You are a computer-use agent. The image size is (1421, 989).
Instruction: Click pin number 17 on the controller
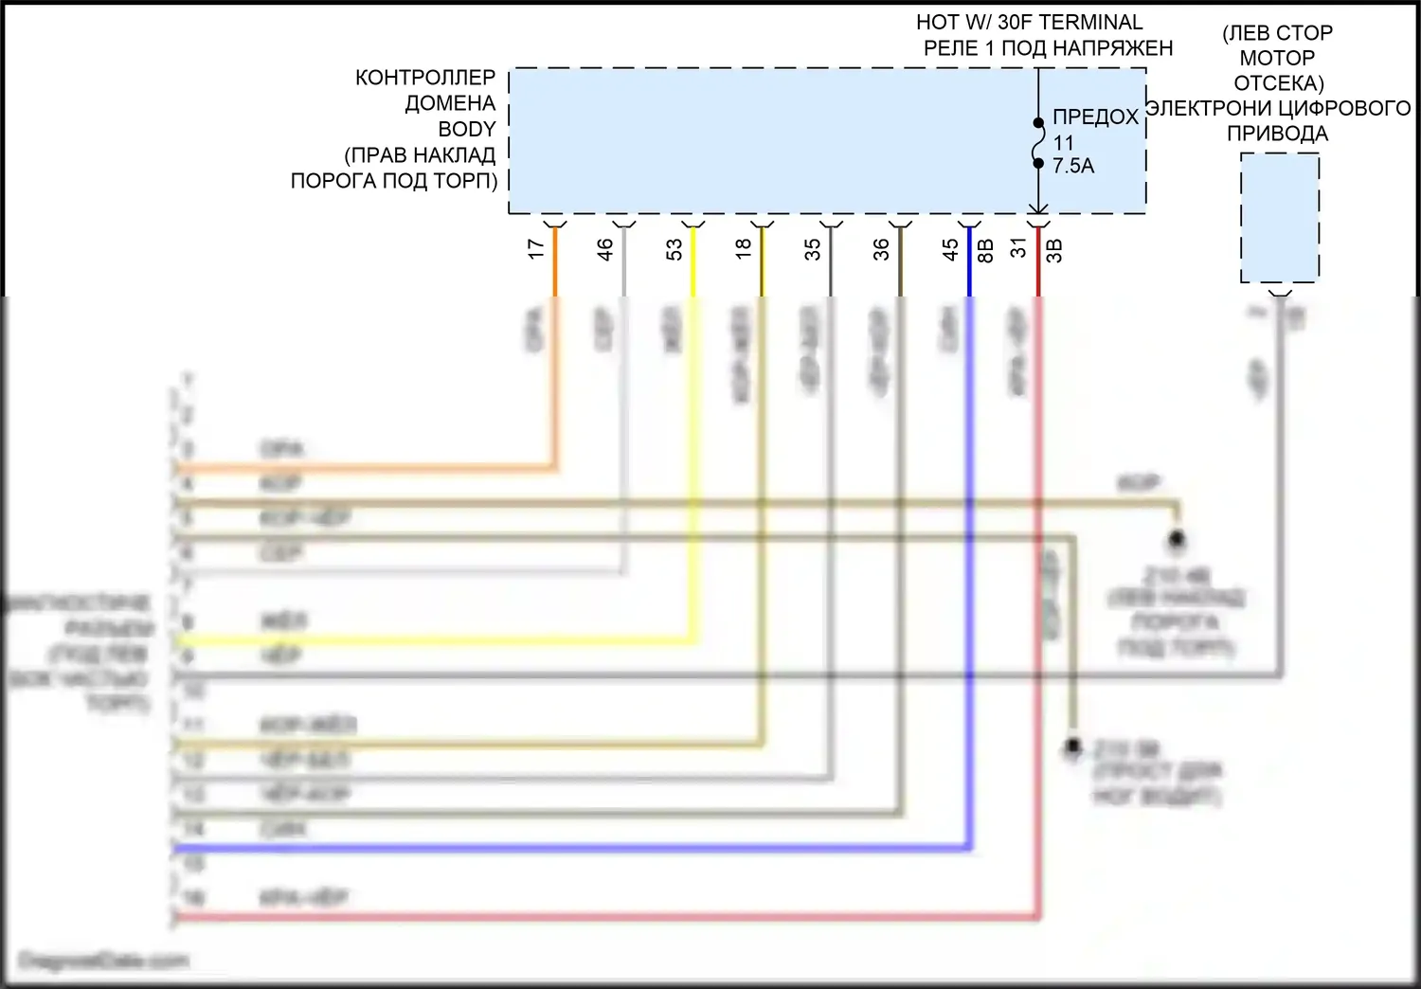click(536, 249)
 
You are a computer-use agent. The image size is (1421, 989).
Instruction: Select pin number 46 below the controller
click(605, 249)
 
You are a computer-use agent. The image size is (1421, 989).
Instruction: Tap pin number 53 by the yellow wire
click(675, 249)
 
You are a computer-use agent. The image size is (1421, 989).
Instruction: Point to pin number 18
click(744, 248)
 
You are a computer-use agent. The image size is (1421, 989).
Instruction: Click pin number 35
click(813, 249)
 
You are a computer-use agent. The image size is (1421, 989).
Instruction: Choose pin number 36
click(882, 249)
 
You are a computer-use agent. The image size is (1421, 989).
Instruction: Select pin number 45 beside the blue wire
click(951, 249)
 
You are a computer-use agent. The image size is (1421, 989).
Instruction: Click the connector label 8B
click(985, 250)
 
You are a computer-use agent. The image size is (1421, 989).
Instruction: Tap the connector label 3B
click(1054, 250)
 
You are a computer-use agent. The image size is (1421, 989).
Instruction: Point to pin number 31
click(1019, 248)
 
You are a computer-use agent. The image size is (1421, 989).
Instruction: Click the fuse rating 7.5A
click(1073, 166)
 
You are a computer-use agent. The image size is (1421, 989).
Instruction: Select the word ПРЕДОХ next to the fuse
click(1095, 117)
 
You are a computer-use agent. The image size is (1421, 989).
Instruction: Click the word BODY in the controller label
click(467, 129)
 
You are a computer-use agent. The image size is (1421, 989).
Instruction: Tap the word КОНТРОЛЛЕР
click(425, 78)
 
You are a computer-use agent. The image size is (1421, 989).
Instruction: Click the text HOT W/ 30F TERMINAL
click(1030, 22)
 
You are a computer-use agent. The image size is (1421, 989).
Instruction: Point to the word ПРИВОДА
click(1277, 134)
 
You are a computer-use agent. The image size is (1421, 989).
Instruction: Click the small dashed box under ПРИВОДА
click(1280, 218)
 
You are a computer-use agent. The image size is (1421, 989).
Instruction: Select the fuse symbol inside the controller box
click(1038, 142)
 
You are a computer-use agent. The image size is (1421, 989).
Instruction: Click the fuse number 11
click(1064, 142)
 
